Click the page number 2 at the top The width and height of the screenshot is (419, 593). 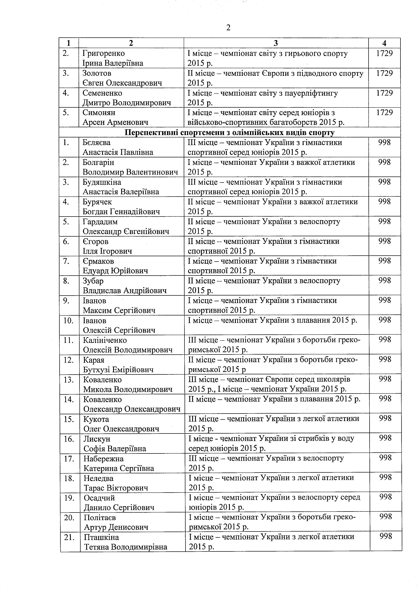click(228, 27)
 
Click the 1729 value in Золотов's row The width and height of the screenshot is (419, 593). click(384, 73)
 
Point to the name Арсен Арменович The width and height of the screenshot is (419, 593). click(115, 122)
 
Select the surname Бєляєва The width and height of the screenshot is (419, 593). click(97, 142)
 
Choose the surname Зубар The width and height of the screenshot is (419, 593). click(93, 281)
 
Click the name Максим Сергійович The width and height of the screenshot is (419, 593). click(119, 310)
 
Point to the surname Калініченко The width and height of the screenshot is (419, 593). click(105, 340)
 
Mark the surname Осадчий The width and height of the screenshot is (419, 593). click(99, 498)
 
